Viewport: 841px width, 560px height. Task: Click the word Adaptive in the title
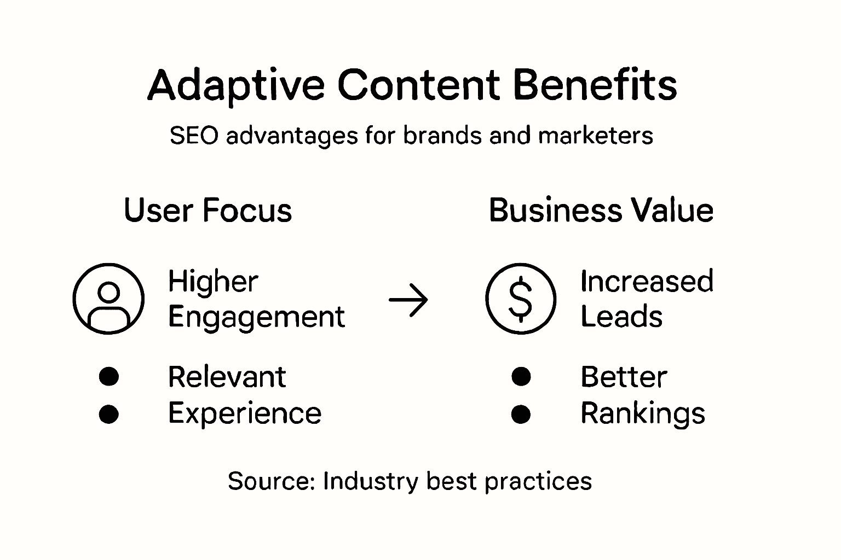click(236, 85)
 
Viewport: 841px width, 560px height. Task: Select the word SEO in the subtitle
click(194, 136)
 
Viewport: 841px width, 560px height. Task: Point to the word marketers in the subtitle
click(596, 135)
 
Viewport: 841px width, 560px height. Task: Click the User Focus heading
click(208, 210)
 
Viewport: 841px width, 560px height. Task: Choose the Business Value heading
click(602, 210)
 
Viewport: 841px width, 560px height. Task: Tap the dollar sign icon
click(521, 299)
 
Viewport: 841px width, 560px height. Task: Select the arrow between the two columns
click(408, 300)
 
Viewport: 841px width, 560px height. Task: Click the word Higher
click(213, 281)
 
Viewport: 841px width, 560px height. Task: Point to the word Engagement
click(256, 318)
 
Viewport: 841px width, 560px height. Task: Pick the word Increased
click(647, 281)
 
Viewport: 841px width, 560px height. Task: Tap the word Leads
click(622, 316)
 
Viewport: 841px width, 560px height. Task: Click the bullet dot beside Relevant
click(109, 377)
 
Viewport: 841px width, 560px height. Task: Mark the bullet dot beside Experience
click(109, 414)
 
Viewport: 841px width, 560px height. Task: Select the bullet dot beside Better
click(521, 377)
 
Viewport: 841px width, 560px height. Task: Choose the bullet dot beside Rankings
click(521, 414)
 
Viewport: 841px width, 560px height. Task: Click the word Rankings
click(643, 414)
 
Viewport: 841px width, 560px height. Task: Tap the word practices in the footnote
click(538, 482)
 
